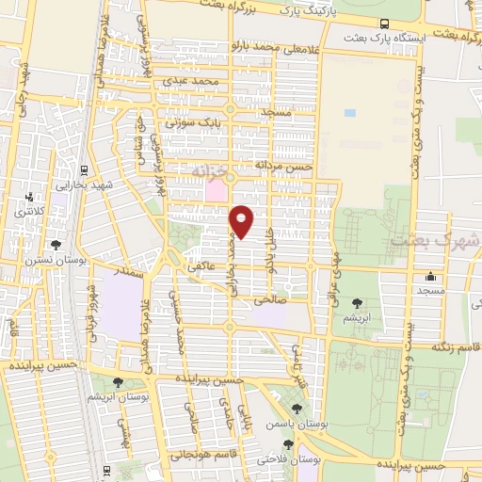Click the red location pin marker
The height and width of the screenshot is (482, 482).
(x=243, y=221)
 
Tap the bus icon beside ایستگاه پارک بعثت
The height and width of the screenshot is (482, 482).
(x=384, y=24)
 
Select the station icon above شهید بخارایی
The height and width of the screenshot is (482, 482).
(x=86, y=170)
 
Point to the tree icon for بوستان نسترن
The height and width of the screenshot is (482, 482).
(x=57, y=244)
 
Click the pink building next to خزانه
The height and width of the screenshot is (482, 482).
(x=217, y=189)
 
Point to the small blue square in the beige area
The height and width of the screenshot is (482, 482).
(x=350, y=113)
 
